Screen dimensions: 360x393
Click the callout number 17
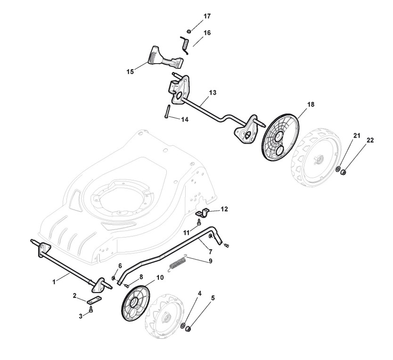(207, 16)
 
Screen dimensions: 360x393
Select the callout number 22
(369, 141)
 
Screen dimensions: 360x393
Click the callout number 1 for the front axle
(54, 281)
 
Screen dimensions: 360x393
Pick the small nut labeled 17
(188, 31)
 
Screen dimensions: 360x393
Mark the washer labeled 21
(338, 169)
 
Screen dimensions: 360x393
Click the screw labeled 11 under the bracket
(200, 221)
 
